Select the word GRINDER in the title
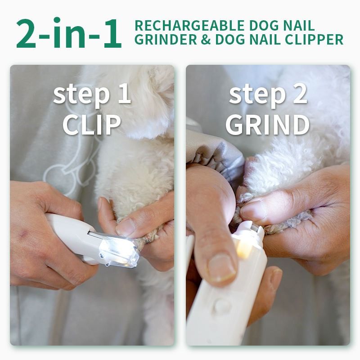(166, 40)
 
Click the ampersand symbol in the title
(206, 40)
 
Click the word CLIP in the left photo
(92, 125)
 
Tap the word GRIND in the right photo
(267, 125)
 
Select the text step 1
(92, 94)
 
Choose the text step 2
(268, 94)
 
